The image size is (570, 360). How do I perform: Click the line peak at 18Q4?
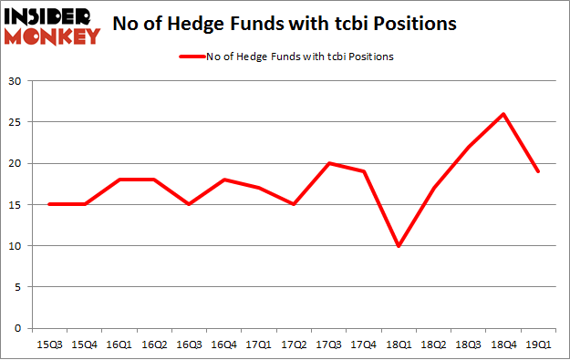point(503,114)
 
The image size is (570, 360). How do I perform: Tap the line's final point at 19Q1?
point(538,171)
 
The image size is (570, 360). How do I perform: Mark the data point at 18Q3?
point(468,147)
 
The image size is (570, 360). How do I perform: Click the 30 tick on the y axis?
point(16,81)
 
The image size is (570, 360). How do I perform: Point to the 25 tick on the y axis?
point(16,122)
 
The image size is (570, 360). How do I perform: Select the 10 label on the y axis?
point(16,245)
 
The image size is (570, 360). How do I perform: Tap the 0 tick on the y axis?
point(18,328)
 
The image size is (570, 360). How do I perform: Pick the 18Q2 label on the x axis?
point(432,344)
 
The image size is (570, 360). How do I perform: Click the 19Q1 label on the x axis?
point(538,344)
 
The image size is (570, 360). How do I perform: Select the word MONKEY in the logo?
point(54,36)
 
